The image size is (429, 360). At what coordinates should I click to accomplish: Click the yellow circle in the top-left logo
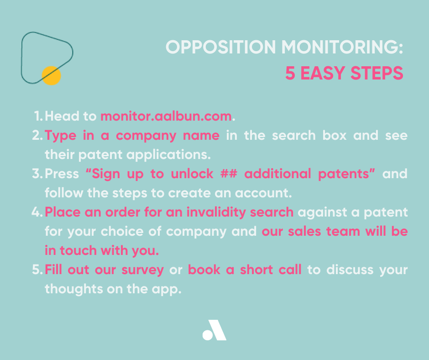pyautogui.click(x=51, y=76)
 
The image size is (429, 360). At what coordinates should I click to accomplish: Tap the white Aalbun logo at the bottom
pyautogui.click(x=214, y=330)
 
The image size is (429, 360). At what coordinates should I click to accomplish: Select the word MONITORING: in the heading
pyautogui.click(x=342, y=47)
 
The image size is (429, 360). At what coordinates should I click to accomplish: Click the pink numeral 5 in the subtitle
pyautogui.click(x=290, y=73)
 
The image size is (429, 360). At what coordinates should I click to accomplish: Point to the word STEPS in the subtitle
pyautogui.click(x=377, y=73)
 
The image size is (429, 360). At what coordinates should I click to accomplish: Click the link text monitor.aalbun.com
pyautogui.click(x=166, y=116)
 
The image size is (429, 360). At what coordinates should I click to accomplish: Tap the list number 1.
pyautogui.click(x=39, y=116)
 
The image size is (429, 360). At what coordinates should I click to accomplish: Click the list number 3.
pyautogui.click(x=37, y=174)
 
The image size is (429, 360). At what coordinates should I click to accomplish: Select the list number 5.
pyautogui.click(x=37, y=270)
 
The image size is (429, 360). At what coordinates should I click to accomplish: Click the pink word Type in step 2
pyautogui.click(x=60, y=136)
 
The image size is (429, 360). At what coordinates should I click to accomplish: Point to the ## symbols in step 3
pyautogui.click(x=229, y=174)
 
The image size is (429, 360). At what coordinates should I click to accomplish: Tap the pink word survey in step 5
pyautogui.click(x=142, y=270)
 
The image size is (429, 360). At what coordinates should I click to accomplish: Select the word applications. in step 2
pyautogui.click(x=168, y=155)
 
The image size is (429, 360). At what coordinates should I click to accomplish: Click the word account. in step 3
pyautogui.click(x=263, y=193)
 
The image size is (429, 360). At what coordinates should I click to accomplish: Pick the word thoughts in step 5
pyautogui.click(x=73, y=289)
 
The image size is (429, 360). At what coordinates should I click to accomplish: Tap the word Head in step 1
pyautogui.click(x=62, y=116)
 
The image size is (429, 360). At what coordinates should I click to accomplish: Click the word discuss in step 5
pyautogui.click(x=350, y=270)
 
